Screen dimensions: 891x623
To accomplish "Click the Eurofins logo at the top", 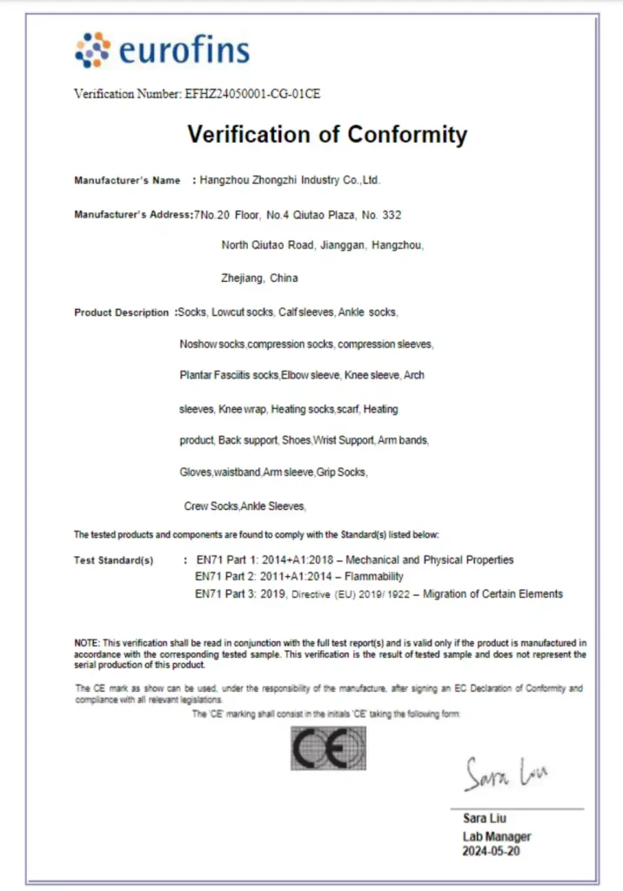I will click(x=163, y=50).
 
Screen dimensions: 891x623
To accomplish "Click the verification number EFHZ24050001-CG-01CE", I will click(x=252, y=94).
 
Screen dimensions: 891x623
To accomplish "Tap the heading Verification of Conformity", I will click(x=327, y=135).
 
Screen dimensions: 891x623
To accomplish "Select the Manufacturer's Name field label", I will click(x=127, y=181).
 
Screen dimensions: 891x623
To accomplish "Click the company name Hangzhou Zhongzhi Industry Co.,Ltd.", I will click(x=290, y=181).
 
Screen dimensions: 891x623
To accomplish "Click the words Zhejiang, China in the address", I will click(x=259, y=278).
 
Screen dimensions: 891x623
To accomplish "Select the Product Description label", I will click(x=122, y=312).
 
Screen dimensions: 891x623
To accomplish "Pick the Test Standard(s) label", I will click(x=114, y=560).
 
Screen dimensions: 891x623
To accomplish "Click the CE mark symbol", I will click(x=328, y=748).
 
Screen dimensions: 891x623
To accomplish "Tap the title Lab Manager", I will click(x=496, y=836).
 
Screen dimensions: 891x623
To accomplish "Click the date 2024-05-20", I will click(x=492, y=852).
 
